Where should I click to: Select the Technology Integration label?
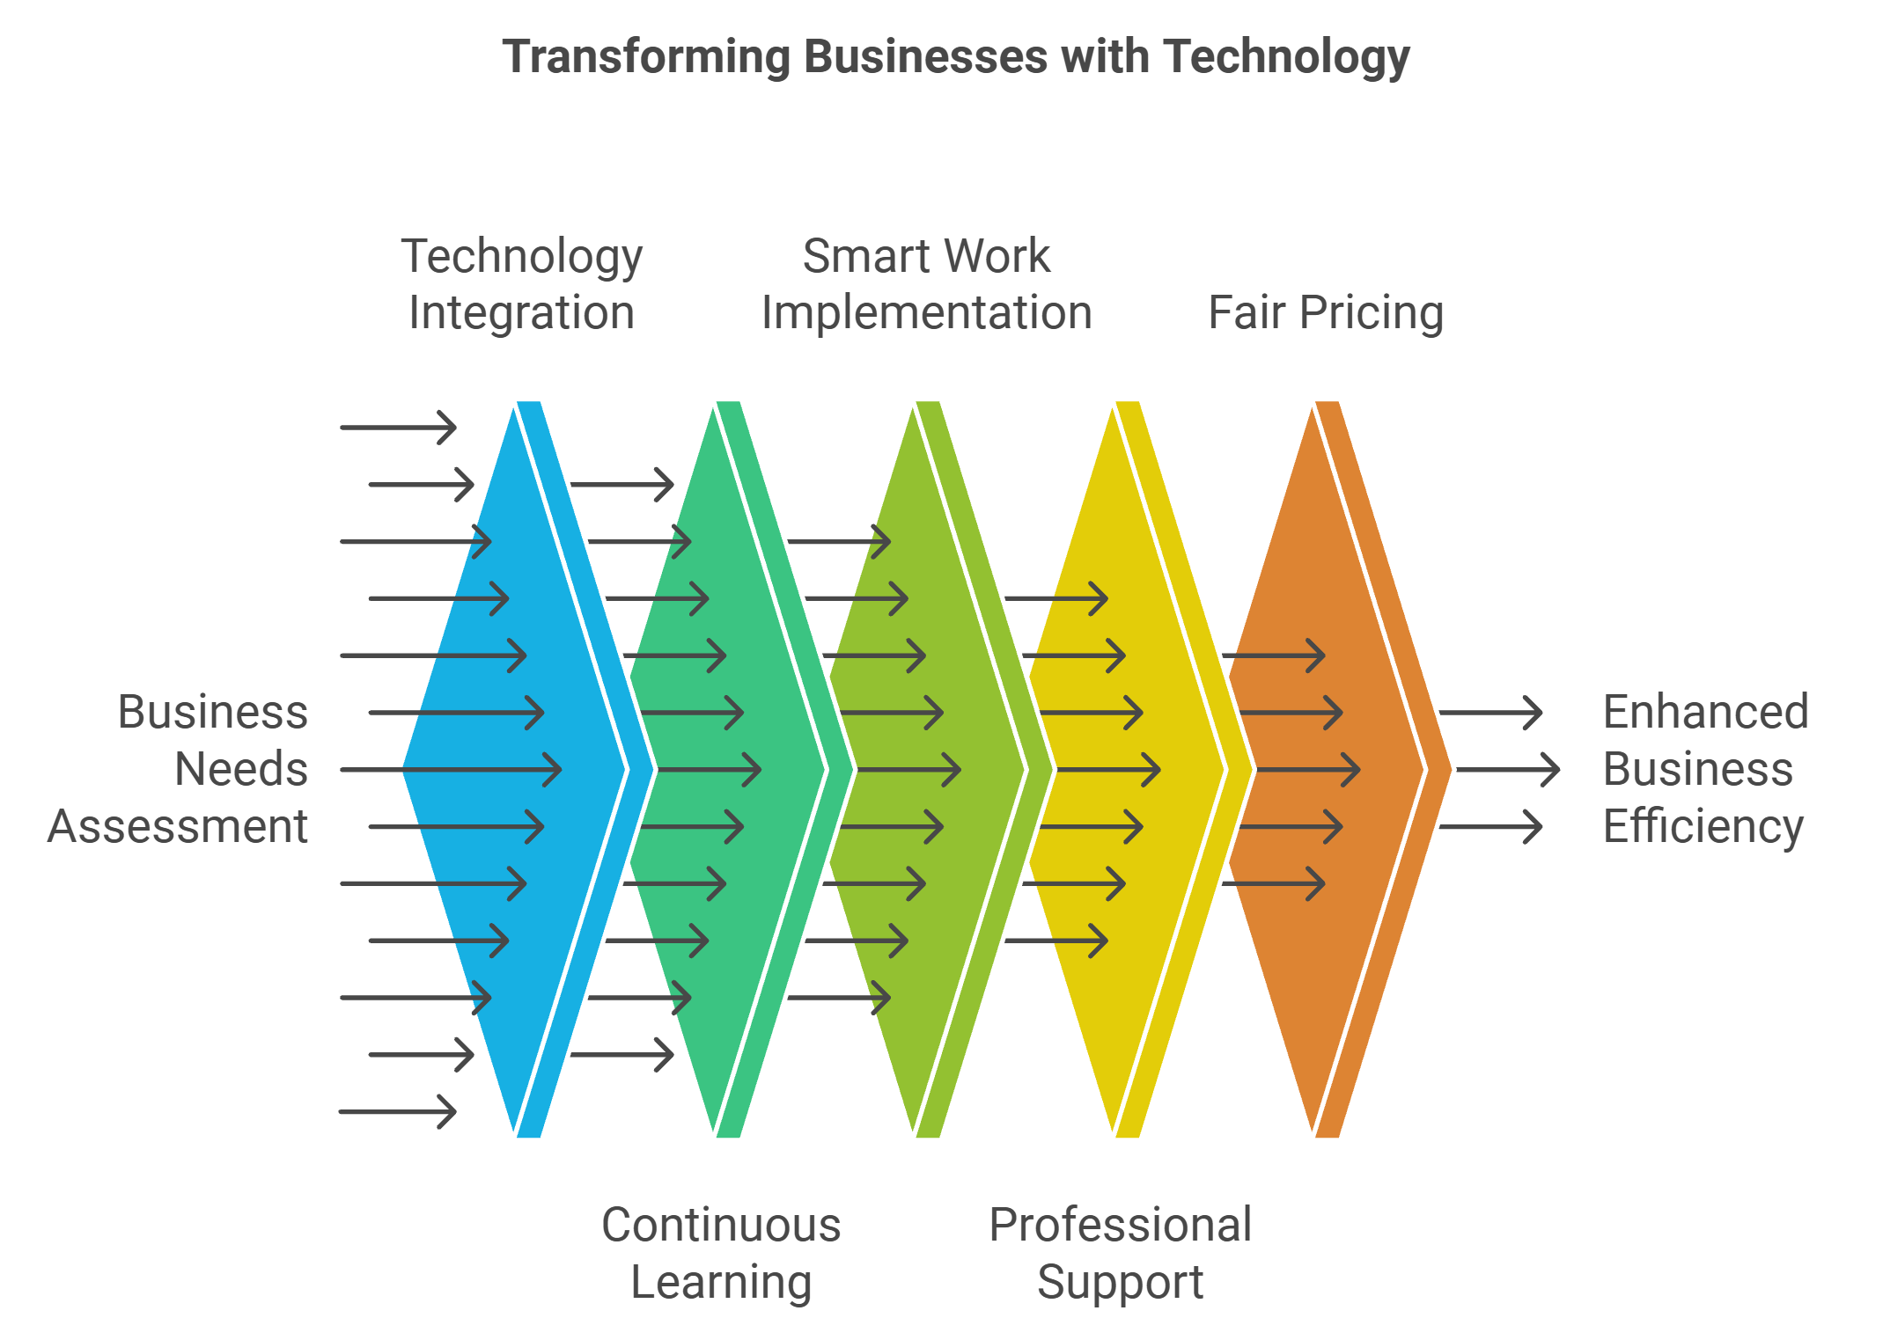[521, 284]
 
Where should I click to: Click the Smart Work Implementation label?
[926, 284]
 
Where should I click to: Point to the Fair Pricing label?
[1325, 312]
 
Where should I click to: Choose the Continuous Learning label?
[721, 1253]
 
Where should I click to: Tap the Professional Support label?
[1120, 1253]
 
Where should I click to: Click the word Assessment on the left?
[178, 826]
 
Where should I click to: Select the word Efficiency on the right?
[1703, 826]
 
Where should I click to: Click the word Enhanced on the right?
[1705, 712]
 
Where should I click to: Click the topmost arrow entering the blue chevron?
[398, 428]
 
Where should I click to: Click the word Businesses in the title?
[925, 57]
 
